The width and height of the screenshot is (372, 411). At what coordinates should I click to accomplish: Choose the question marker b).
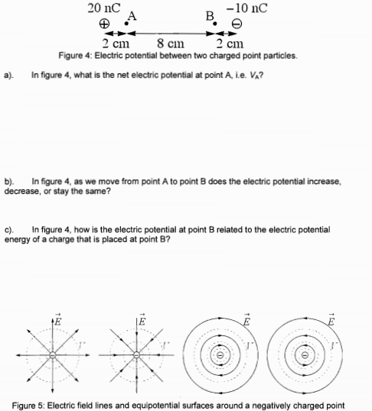coord(10,181)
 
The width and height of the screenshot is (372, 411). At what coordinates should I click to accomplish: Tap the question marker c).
coord(9,228)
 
